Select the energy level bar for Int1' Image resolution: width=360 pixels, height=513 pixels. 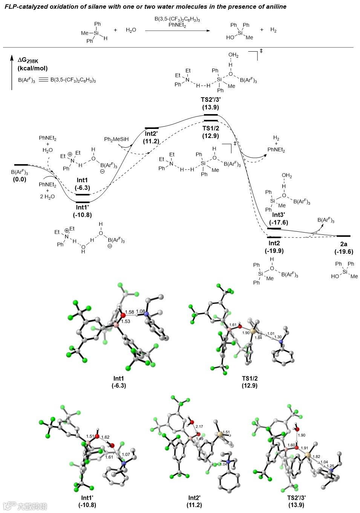tap(83, 202)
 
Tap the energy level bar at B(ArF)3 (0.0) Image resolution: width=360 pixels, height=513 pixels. tap(21, 165)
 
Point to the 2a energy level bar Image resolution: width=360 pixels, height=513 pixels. tap(343, 236)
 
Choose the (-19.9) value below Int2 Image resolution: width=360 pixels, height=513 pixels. tap(274, 251)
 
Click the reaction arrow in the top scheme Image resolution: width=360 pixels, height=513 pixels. tap(177, 31)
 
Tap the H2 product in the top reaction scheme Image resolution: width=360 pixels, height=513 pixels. tap(273, 30)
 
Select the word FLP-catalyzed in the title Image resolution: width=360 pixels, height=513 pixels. tap(23, 6)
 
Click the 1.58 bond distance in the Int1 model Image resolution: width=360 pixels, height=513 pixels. tap(129, 312)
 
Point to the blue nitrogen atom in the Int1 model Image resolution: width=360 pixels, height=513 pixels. tap(146, 314)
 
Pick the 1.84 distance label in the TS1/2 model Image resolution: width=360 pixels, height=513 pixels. tap(258, 338)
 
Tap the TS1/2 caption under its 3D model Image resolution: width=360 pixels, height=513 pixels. tap(250, 378)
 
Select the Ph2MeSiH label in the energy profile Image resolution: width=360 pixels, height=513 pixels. tap(116, 139)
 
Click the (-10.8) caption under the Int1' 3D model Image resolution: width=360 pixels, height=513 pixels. tap(87, 505)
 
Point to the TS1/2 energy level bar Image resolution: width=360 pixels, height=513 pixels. tap(210, 121)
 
